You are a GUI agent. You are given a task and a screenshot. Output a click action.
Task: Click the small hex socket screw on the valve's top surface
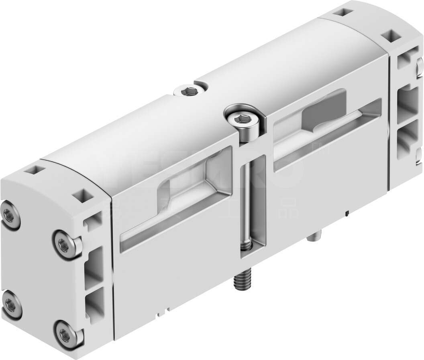(186, 92)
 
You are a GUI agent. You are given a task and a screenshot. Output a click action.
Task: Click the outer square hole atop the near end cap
(32, 170)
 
